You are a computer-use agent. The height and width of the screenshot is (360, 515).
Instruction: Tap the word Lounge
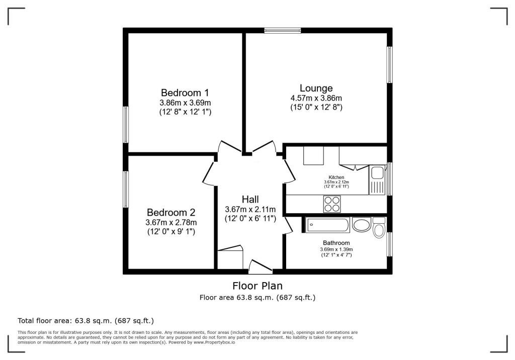click(316, 88)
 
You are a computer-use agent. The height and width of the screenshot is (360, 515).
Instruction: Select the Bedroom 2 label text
click(170, 213)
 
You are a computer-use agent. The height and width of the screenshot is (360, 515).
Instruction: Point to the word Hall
click(250, 199)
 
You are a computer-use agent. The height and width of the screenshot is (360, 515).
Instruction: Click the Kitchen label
click(336, 177)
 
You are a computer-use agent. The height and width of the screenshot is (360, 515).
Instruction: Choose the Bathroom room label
click(336, 243)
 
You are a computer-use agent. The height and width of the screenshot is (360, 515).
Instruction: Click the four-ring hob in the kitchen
click(331, 204)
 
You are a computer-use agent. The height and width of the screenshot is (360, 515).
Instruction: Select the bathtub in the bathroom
click(327, 225)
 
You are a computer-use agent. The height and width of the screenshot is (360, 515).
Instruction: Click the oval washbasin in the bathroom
click(362, 225)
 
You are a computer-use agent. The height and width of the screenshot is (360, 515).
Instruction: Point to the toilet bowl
click(380, 230)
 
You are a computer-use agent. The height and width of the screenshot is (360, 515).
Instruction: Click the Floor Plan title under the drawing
click(257, 286)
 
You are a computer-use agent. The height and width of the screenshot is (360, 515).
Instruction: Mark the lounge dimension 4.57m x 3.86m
click(316, 98)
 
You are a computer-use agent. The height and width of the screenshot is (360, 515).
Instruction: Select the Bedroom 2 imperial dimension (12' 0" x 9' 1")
click(170, 232)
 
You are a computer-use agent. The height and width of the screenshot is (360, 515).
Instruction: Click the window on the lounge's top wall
click(283, 30)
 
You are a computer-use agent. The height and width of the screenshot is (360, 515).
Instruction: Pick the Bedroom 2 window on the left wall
click(126, 189)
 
